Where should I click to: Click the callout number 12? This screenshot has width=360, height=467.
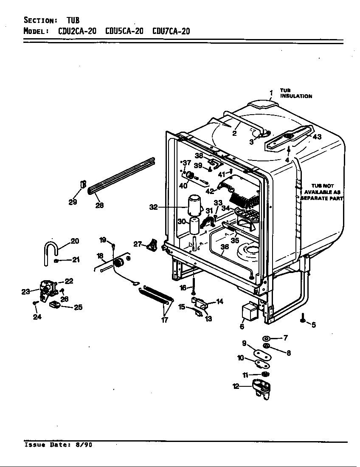[x=236, y=386]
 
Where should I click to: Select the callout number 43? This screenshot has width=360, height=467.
[x=317, y=137]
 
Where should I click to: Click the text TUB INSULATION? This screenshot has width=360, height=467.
[x=296, y=93]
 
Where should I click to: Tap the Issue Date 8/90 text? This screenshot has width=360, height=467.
[x=58, y=445]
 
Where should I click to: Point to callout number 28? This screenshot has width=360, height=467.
[x=100, y=205]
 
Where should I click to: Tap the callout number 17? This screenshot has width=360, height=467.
[x=165, y=320]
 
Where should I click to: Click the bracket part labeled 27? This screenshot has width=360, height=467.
[x=152, y=245]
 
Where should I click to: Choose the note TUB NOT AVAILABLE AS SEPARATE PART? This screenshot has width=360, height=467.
[x=322, y=192]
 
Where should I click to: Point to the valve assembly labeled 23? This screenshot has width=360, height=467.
[x=46, y=291]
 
